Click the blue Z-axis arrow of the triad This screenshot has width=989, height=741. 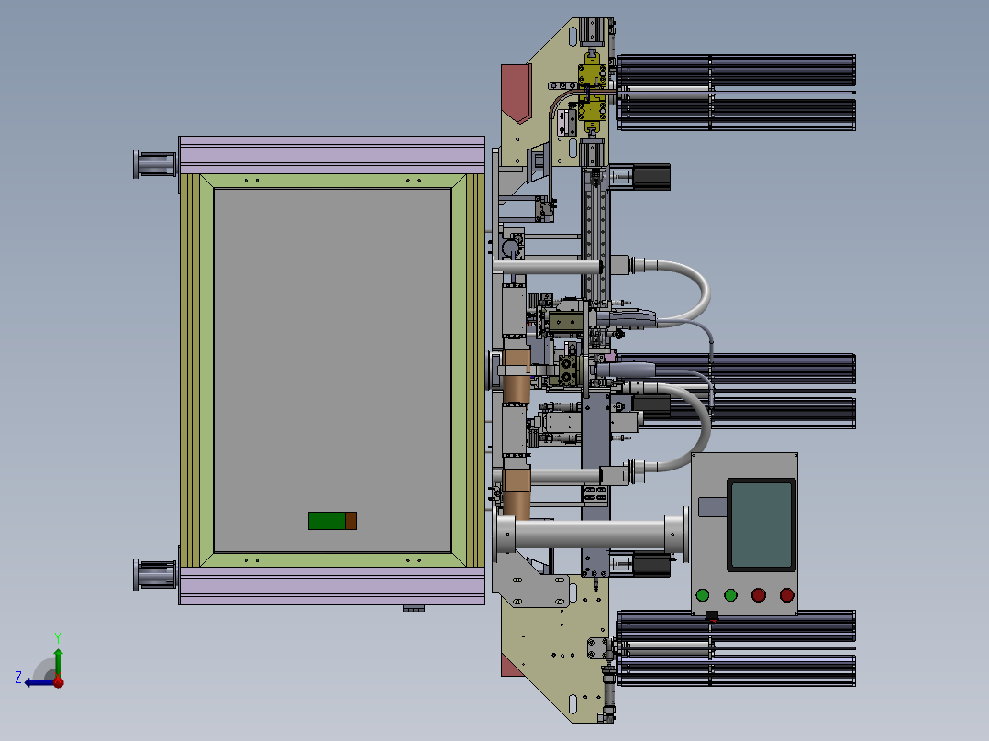[40, 682]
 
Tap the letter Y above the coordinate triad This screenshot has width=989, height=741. [58, 637]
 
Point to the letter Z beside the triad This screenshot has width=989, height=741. [18, 678]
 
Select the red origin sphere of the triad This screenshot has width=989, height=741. [59, 681]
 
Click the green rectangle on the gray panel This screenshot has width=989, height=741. [327, 521]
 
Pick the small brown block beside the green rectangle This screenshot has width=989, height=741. [350, 521]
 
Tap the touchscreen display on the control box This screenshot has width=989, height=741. [761, 525]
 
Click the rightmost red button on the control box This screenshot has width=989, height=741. [786, 594]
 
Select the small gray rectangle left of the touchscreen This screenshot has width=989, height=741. [713, 507]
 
